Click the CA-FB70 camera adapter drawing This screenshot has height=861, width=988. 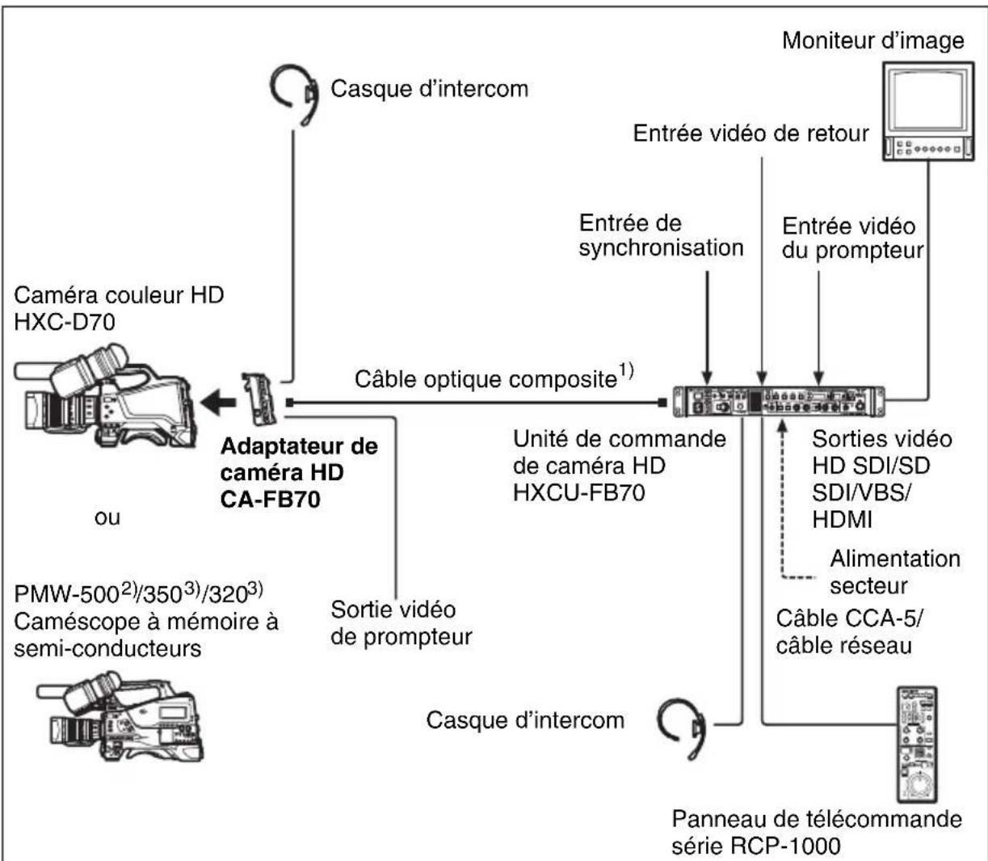(259, 399)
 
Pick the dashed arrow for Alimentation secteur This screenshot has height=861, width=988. (781, 501)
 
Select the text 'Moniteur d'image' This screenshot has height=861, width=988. (872, 40)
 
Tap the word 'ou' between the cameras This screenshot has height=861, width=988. (107, 517)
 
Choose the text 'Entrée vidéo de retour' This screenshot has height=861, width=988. (750, 133)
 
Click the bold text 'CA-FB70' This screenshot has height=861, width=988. (270, 499)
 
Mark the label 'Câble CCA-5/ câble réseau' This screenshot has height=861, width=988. (845, 631)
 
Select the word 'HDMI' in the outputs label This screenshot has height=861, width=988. (842, 520)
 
